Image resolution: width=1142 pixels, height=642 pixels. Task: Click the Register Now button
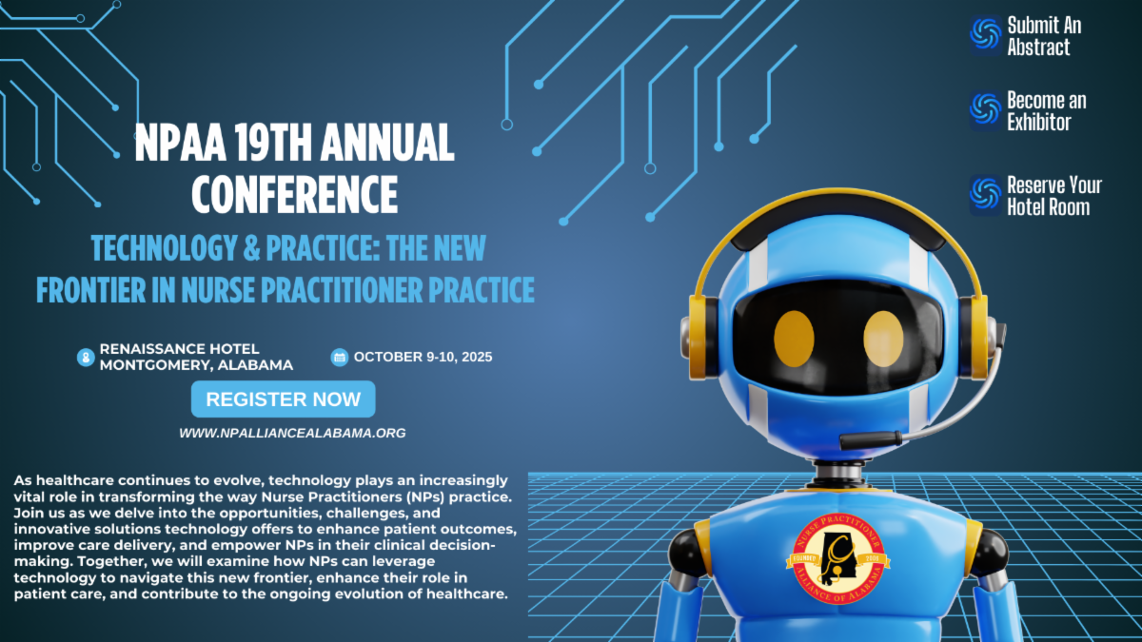click(283, 399)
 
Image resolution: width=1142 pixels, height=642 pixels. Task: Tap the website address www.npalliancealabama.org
click(293, 433)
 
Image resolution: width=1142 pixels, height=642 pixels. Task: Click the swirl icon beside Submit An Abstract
click(986, 34)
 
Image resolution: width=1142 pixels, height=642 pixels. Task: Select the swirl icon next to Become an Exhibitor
click(986, 109)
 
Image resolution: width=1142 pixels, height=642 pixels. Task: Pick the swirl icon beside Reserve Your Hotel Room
click(986, 195)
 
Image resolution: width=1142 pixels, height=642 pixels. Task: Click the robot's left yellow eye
click(794, 339)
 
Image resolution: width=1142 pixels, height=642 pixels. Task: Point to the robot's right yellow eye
click(883, 339)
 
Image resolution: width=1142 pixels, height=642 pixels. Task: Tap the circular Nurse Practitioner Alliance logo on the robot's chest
click(838, 558)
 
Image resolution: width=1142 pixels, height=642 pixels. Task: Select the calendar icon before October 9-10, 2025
click(340, 358)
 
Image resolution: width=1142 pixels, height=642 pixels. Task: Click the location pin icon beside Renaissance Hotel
click(86, 358)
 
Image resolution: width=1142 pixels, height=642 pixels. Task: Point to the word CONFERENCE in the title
click(295, 194)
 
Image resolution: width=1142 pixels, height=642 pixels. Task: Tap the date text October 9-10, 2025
click(423, 357)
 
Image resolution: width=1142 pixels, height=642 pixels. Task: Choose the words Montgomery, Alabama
click(196, 365)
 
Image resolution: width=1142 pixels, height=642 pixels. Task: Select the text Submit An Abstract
click(1044, 36)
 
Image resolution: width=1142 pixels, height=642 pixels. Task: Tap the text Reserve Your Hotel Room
click(1054, 196)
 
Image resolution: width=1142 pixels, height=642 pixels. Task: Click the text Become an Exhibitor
click(1047, 111)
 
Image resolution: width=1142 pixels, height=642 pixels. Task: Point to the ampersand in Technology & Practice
click(251, 248)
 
